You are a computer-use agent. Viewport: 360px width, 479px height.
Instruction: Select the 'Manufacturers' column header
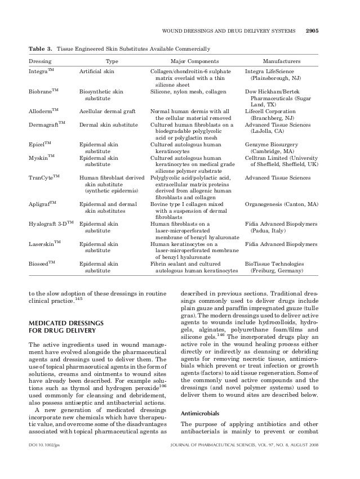click(x=282, y=61)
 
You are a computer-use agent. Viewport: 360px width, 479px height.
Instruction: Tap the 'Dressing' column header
click(x=40, y=61)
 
